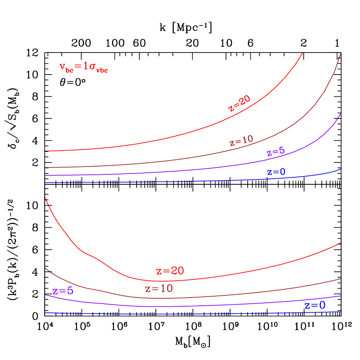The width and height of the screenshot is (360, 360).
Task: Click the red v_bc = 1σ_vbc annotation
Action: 83,67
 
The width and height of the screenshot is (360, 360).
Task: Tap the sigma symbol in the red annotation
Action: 92,67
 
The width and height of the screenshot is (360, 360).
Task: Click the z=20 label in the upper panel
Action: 239,103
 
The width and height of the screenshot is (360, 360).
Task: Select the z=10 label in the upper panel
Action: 241,141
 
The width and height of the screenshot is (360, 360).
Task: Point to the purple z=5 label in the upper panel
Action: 276,151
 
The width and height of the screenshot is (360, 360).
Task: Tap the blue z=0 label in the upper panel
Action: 276,172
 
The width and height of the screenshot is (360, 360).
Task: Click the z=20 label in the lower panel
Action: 170,271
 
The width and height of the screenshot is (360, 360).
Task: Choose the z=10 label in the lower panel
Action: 159,288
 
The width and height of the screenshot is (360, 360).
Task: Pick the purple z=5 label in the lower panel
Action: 63,291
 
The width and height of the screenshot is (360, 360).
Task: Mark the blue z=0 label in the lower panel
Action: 315,305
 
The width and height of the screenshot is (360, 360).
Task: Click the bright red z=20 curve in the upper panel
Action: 173,137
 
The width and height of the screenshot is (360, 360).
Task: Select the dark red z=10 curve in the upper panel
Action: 173,160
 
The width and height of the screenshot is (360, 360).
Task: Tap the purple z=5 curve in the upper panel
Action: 173,171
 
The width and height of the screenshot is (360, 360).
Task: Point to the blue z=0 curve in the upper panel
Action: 173,182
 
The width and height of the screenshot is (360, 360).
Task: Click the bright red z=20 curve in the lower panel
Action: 217,276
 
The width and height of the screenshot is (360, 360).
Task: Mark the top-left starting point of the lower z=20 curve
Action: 46,198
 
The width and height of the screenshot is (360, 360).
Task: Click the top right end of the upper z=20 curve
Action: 302,53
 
